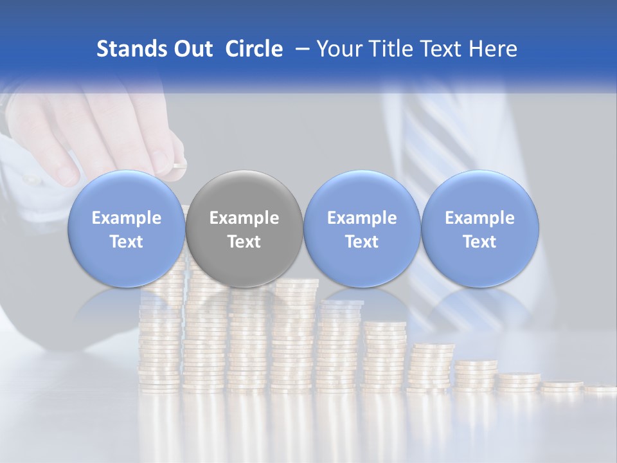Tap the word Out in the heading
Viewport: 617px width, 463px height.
191,49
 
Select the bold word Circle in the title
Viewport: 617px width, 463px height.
254,49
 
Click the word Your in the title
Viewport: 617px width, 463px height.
337,49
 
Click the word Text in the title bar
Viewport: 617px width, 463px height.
440,49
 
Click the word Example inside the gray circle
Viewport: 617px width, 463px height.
244,218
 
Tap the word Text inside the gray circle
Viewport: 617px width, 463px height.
244,242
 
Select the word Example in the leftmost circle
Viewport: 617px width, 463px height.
126,218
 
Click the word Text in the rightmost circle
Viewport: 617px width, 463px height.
480,242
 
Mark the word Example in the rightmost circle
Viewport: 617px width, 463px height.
480,218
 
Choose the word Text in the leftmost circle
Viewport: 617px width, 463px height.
126,242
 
